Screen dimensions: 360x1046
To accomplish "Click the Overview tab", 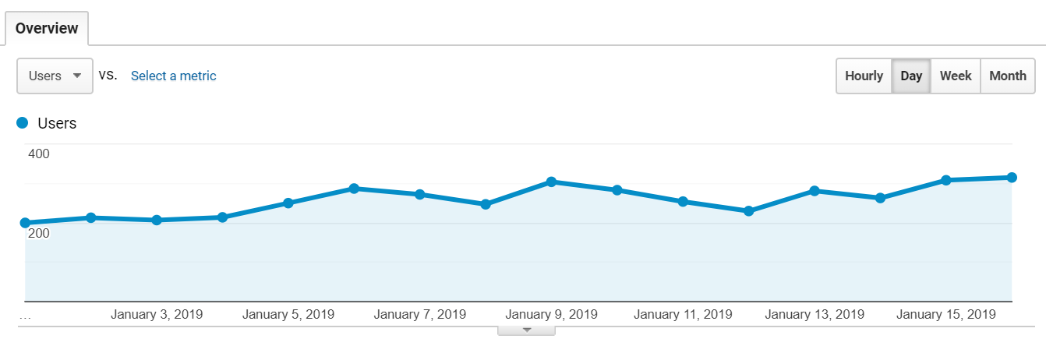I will click(47, 29).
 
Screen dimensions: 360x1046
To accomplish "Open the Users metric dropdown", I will click(55, 76).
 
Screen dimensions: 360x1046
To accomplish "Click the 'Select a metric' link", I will click(173, 76).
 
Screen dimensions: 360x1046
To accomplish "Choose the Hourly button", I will click(864, 76).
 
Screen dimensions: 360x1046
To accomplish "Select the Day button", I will click(911, 76).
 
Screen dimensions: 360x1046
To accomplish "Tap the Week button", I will click(956, 76).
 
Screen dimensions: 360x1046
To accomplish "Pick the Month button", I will click(1008, 76).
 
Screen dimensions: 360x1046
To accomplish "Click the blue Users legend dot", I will click(23, 123).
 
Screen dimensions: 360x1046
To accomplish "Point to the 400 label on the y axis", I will click(39, 154).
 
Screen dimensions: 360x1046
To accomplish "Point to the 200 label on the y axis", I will click(39, 233).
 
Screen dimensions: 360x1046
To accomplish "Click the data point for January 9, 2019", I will click(551, 182).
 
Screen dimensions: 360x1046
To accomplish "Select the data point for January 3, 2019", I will click(157, 221).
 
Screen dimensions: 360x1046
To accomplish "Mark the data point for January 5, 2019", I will click(288, 203).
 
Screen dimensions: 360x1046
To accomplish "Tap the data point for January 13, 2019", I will click(815, 191).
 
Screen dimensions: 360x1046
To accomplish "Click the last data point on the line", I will click(1012, 178).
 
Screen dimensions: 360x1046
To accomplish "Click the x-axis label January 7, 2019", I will click(420, 315).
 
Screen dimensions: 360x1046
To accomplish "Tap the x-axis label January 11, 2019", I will click(683, 315).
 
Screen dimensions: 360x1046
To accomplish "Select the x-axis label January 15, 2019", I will click(946, 315).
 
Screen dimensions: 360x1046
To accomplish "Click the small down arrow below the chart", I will click(526, 330).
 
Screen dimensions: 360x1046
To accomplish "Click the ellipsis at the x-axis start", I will click(25, 316).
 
